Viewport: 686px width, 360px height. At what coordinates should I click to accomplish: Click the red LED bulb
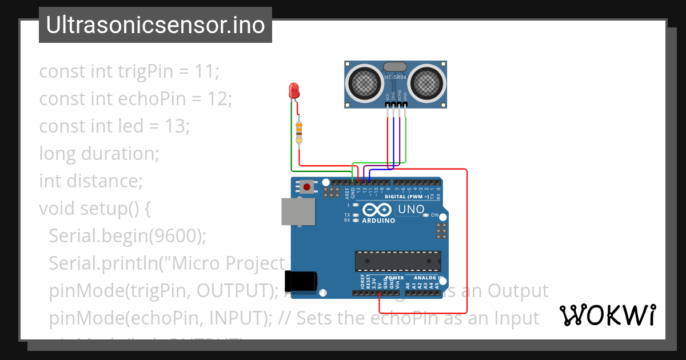(294, 90)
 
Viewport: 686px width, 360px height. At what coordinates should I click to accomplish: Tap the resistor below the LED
(299, 133)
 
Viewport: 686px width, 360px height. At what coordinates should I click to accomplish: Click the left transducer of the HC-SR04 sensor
(364, 83)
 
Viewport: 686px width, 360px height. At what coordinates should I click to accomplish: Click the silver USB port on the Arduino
(298, 211)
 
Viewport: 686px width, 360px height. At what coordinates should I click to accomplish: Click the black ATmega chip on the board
(397, 261)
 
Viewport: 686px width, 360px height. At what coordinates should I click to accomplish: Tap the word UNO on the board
(412, 209)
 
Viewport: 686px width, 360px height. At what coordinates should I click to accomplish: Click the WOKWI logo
(608, 315)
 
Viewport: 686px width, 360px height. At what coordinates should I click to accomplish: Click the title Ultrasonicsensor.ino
(155, 25)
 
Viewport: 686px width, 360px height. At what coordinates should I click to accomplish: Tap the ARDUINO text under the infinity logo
(378, 221)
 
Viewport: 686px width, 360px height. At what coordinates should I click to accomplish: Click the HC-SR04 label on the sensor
(396, 77)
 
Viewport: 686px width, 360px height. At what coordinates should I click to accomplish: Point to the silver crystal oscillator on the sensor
(396, 67)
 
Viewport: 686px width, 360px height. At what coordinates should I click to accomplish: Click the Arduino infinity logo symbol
(378, 209)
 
